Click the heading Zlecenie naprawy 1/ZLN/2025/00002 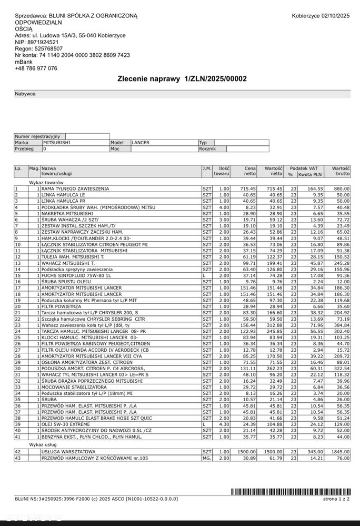[182, 78]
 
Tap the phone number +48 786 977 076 [36, 68]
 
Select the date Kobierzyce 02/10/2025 [321, 16]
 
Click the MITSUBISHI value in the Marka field [57, 142]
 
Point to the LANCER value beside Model [141, 142]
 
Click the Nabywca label [25, 94]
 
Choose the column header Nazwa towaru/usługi [57, 171]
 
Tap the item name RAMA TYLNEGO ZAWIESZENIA [75, 188]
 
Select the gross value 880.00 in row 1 [341, 188]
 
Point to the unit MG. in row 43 [207, 458]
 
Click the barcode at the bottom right [291, 491]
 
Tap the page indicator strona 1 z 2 [337, 498]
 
